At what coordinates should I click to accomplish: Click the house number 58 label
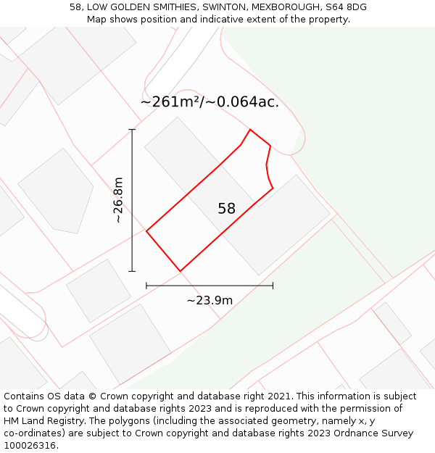click(226, 209)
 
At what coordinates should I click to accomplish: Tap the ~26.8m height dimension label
click(119, 200)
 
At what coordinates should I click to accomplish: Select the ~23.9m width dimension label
click(210, 300)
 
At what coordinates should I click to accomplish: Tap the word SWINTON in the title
click(221, 7)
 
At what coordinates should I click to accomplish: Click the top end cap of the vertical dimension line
click(132, 130)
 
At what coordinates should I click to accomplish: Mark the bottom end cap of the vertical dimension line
click(132, 271)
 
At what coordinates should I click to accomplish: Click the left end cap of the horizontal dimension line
click(146, 286)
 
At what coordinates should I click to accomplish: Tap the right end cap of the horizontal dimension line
click(273, 286)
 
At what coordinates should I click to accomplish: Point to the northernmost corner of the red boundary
click(250, 130)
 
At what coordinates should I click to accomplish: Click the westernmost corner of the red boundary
click(146, 231)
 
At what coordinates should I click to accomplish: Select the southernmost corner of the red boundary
click(180, 271)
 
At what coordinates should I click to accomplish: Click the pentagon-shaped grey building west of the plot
click(57, 191)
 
